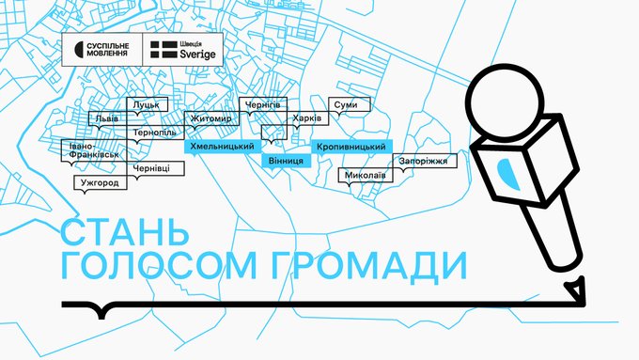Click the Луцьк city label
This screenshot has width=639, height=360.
(148, 104)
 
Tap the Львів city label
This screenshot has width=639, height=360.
(107, 118)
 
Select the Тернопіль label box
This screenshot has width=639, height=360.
(155, 133)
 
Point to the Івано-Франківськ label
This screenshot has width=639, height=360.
(94, 150)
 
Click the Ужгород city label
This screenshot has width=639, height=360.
(101, 182)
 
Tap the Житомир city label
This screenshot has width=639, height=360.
(211, 118)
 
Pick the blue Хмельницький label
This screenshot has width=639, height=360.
(223, 147)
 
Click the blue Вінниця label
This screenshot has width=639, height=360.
(286, 161)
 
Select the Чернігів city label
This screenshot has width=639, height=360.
(263, 104)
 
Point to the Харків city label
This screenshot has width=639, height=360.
(307, 118)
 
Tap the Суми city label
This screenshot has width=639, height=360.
(350, 104)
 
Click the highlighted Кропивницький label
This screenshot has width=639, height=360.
(351, 147)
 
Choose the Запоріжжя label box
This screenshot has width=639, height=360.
(425, 161)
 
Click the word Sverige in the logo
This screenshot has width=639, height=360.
(197, 54)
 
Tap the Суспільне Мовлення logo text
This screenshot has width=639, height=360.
(107, 49)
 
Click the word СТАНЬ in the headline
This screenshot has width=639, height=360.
(125, 231)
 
